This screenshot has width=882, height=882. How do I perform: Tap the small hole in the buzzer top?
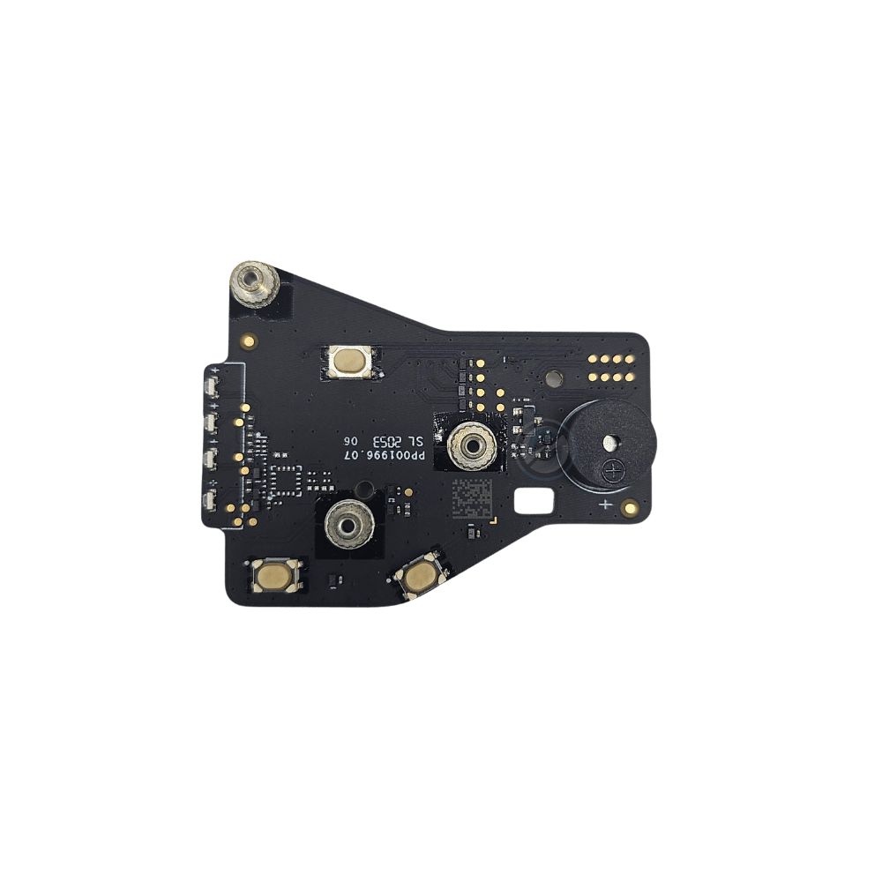[610, 443]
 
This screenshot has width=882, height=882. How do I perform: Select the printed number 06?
[350, 440]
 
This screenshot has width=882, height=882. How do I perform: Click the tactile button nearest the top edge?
[350, 360]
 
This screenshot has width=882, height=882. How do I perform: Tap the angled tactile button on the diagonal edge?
[417, 576]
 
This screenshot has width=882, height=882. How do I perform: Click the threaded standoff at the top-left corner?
[254, 284]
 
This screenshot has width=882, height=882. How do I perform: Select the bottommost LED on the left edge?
[211, 501]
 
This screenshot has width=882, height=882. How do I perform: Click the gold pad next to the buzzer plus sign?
[629, 507]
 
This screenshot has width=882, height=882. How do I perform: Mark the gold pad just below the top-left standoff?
[250, 339]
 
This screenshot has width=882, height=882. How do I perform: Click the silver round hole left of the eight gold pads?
[552, 378]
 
